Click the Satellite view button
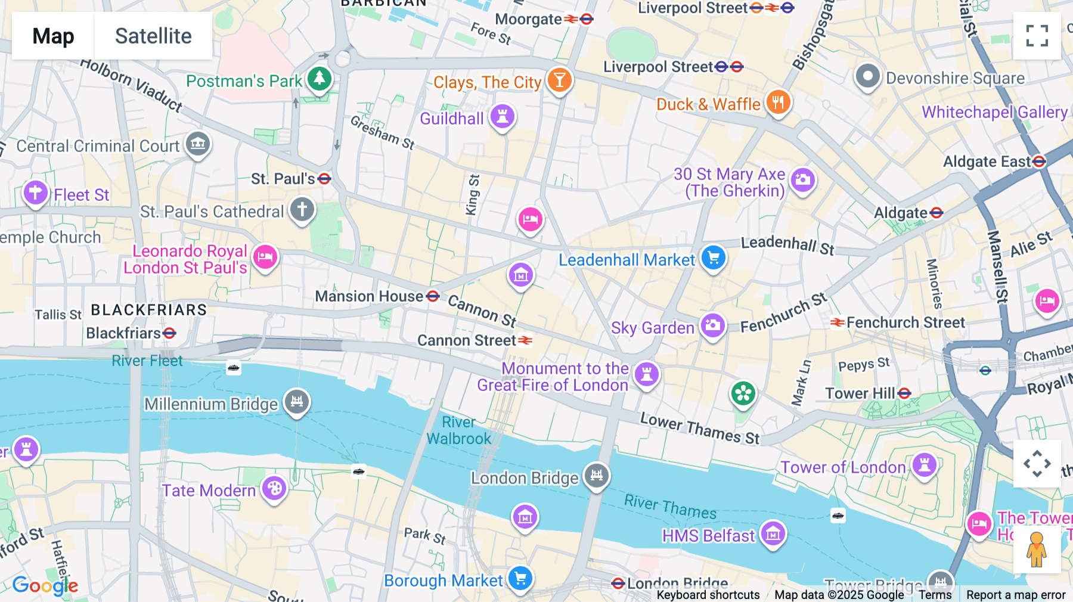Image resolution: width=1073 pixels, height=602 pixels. tap(153, 36)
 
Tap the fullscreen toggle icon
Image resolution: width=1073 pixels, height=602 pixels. tap(1037, 36)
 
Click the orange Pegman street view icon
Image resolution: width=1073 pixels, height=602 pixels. tap(1037, 550)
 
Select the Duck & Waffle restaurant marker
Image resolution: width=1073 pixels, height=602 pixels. tap(778, 103)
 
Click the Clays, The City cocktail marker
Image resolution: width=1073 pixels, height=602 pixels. tap(559, 80)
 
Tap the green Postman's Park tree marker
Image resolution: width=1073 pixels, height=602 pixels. tap(320, 79)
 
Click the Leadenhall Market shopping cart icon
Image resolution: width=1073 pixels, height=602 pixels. tap(713, 258)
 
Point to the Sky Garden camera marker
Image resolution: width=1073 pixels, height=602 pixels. tap(712, 326)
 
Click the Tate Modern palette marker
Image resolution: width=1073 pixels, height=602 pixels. tap(274, 489)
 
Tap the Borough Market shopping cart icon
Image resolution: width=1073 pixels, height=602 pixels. tap(520, 579)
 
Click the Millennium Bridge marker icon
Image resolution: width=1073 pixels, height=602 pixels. tap(296, 402)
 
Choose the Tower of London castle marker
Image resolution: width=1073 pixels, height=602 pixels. tap(924, 465)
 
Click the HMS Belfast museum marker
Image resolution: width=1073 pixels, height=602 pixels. tap(773, 534)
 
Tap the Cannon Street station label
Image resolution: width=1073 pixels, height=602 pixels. tap(466, 340)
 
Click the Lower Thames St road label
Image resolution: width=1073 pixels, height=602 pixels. tap(700, 429)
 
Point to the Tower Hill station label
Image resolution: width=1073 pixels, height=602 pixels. tap(860, 393)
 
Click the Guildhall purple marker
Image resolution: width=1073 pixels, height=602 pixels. tap(502, 116)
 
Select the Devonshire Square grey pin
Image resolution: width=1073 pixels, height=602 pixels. tap(867, 77)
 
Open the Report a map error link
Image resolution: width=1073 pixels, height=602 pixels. tap(1015, 595)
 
